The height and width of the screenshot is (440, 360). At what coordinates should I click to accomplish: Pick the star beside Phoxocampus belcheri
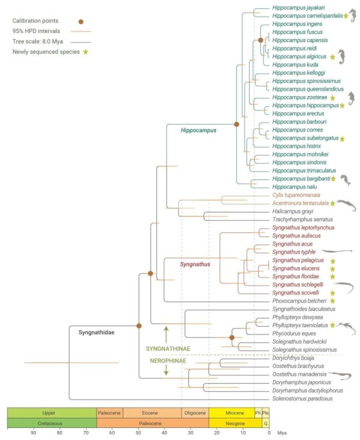331,300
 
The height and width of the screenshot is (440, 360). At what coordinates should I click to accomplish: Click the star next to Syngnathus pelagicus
331,261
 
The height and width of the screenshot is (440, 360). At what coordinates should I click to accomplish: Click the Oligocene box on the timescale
194,413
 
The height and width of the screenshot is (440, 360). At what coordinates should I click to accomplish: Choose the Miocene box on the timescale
231,413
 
